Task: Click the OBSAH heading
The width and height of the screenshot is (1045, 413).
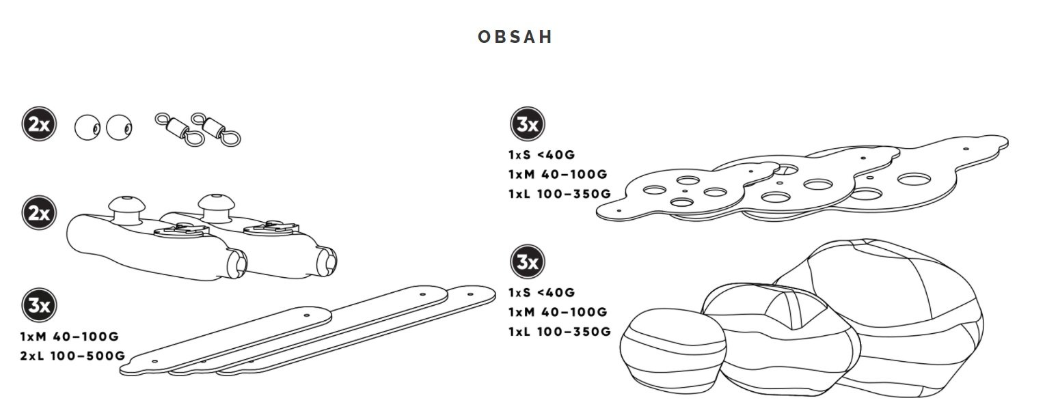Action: (515, 37)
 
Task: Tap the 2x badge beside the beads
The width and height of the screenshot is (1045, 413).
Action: (39, 125)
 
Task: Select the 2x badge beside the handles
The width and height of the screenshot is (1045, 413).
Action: (39, 213)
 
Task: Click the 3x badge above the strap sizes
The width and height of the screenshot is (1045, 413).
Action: (39, 305)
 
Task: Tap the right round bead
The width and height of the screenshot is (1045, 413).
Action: (119, 127)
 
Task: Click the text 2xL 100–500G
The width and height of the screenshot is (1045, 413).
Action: (72, 356)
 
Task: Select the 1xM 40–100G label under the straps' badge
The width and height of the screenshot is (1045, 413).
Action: (70, 337)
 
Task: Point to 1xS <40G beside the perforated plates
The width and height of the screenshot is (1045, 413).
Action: (541, 155)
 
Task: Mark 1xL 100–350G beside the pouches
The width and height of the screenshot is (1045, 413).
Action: (559, 332)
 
